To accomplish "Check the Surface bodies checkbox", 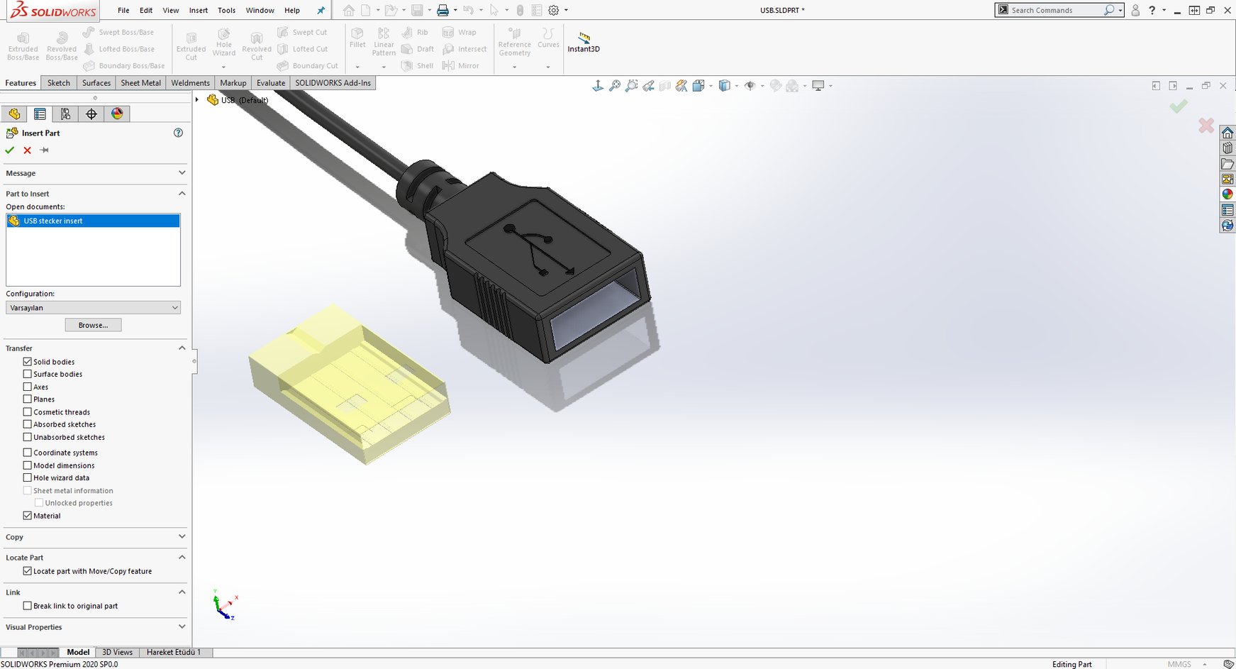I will [x=28, y=374].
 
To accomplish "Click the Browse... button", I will [x=93, y=325].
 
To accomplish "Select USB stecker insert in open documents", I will [x=53, y=221].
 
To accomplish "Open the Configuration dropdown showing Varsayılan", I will [x=93, y=308].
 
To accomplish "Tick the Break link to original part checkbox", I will [x=28, y=606].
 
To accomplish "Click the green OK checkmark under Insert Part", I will [x=10, y=150].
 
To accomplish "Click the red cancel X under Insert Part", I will [x=27, y=150].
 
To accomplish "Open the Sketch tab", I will [x=58, y=83].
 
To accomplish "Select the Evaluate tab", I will [x=271, y=83].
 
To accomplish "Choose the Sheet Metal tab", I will [x=140, y=83].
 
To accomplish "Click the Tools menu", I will [x=226, y=11].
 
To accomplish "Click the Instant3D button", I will [x=584, y=42].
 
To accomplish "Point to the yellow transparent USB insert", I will [x=347, y=383].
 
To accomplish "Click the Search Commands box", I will [x=1055, y=11].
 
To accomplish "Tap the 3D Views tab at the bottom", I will [x=117, y=652].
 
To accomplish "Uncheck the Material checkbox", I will [x=28, y=516].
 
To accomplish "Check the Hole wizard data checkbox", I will [x=28, y=478].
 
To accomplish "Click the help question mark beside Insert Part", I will [x=178, y=133].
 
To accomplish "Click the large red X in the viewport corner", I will [x=1206, y=126].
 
